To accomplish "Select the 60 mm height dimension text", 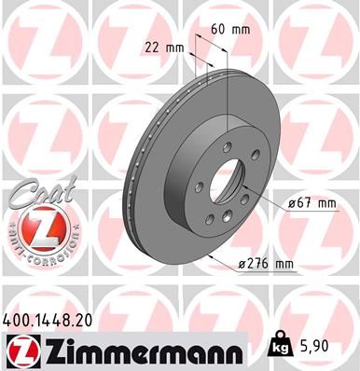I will tap(230, 29).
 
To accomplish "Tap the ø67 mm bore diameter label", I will tap(306, 202).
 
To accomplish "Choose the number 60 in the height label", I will tap(220, 29).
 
